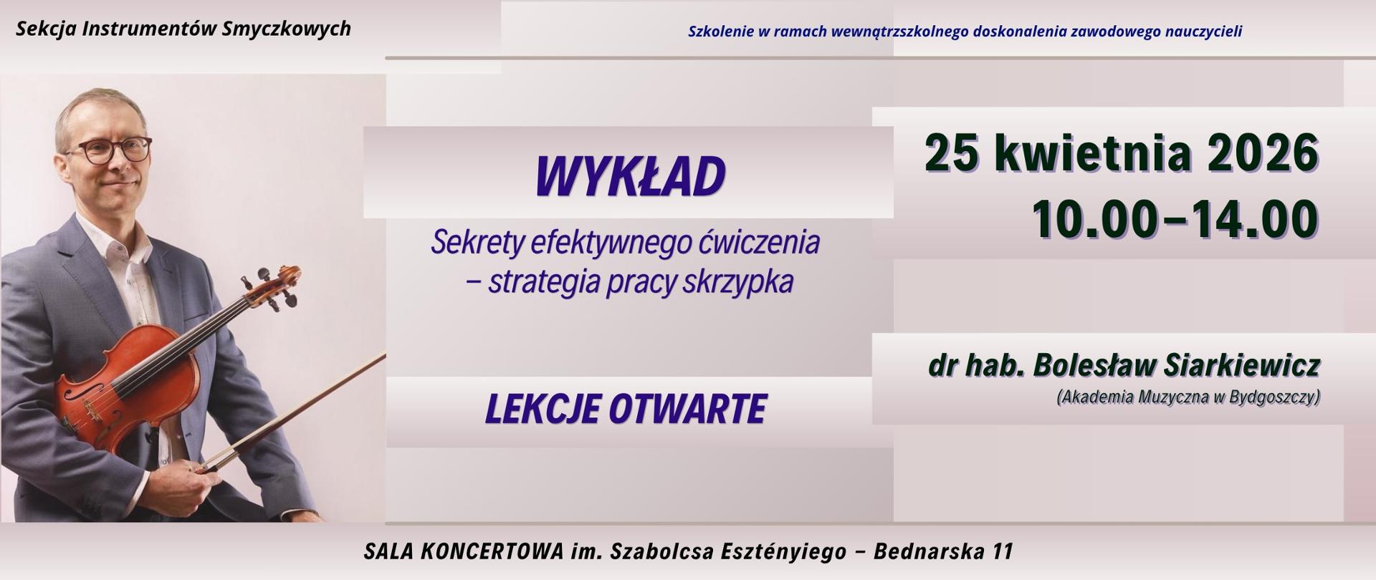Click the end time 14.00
point(1253,219)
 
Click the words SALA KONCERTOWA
point(463,551)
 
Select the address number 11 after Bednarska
point(1003,551)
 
